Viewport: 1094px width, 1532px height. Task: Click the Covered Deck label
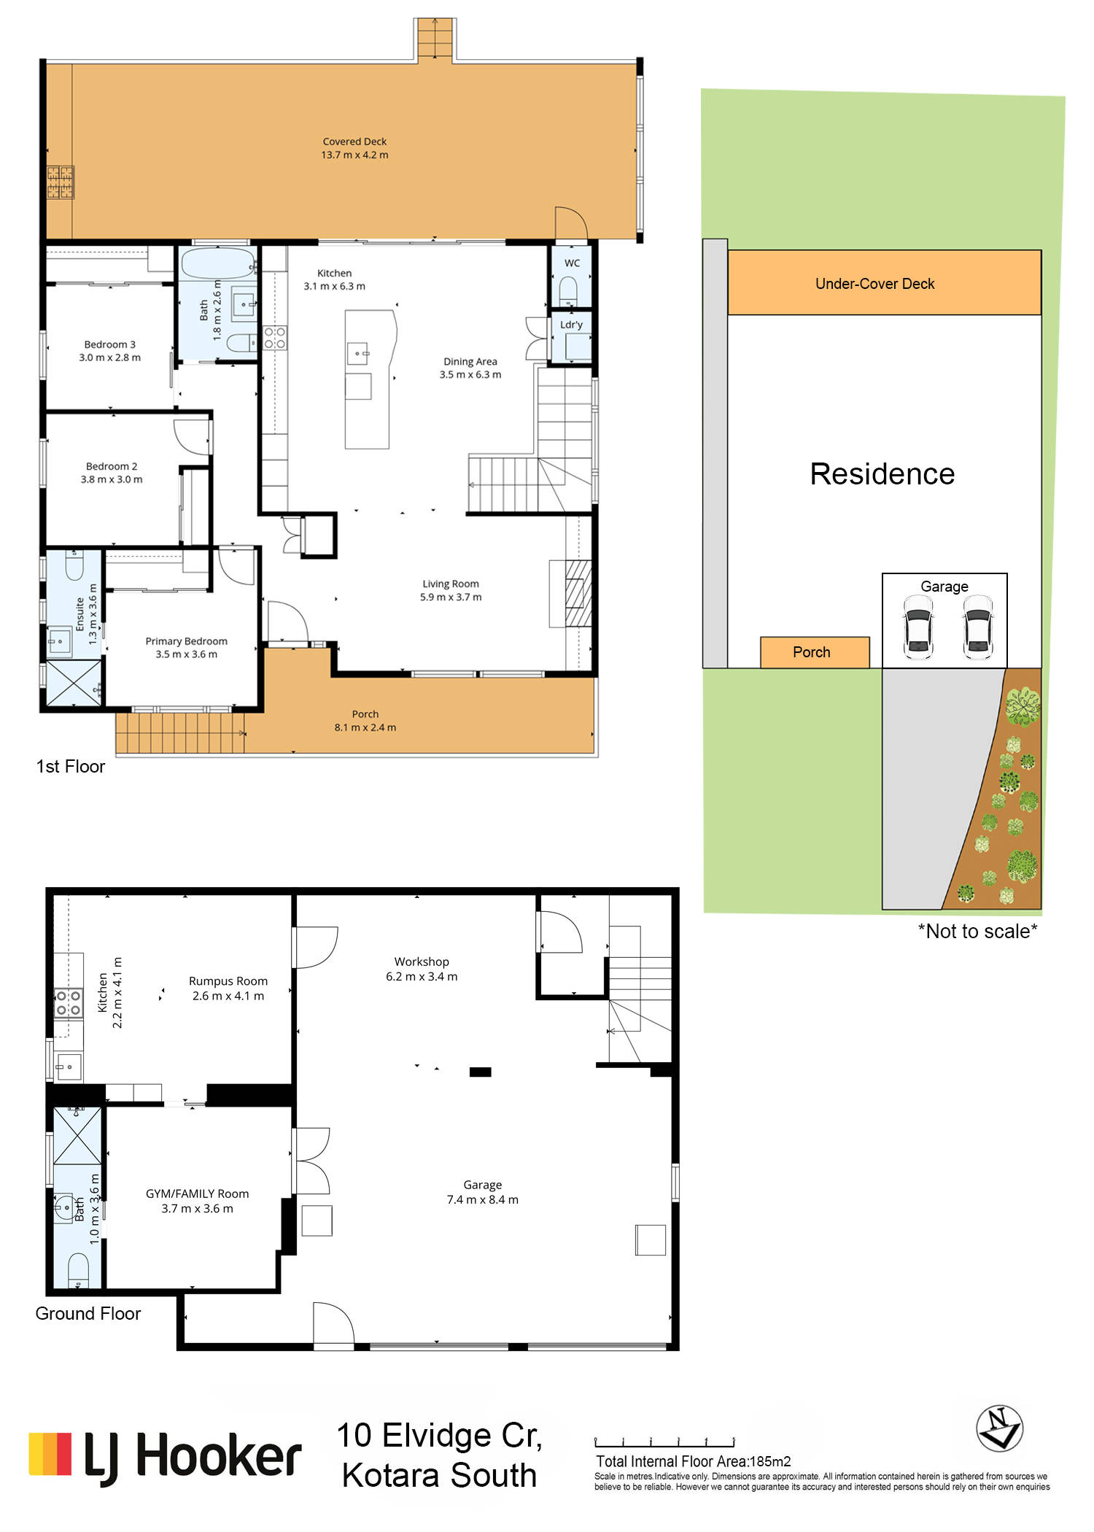tap(354, 142)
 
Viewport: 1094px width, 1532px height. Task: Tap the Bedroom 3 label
tap(110, 344)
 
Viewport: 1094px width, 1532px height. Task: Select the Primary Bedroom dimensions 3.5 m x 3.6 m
tap(186, 654)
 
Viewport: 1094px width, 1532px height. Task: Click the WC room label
tap(573, 263)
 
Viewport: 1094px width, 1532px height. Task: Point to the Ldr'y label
tap(572, 325)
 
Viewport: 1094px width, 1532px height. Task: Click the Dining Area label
tap(470, 361)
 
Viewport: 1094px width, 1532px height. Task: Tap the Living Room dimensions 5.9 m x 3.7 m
tap(451, 597)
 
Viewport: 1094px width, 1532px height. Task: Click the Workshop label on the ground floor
tap(422, 962)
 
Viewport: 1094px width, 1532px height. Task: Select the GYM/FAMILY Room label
tap(197, 1194)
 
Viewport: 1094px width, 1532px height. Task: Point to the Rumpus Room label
tap(228, 981)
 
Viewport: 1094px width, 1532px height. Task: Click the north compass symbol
tap(999, 1428)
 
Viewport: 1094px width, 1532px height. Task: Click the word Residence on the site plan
tap(882, 474)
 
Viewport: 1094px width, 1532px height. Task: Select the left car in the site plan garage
tap(918, 627)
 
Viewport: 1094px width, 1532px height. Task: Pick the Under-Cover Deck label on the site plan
tap(874, 284)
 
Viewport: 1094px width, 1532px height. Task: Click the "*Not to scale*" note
tap(977, 931)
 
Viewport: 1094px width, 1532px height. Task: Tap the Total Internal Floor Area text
tap(694, 1461)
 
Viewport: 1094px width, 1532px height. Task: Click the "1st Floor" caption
tap(71, 767)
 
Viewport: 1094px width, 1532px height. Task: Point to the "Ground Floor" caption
tap(88, 1314)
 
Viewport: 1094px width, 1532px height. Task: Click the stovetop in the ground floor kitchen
tap(69, 1002)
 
